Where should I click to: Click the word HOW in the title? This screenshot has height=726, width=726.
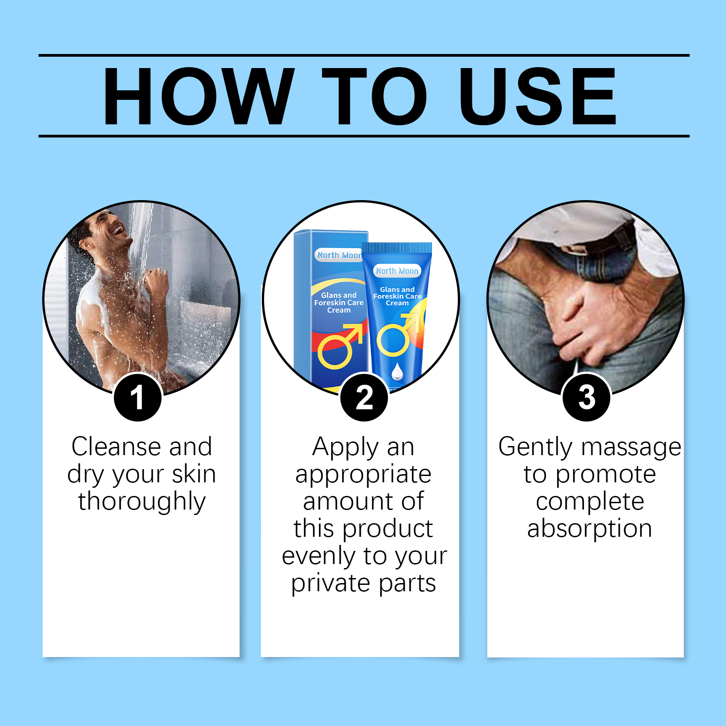[199, 96]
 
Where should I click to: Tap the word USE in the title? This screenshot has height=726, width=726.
[538, 96]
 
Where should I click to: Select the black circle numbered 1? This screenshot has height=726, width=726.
[137, 397]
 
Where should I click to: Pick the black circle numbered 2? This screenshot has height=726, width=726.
[364, 397]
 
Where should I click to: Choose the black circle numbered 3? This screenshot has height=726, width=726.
[586, 397]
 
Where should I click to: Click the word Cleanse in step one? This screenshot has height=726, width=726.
[116, 446]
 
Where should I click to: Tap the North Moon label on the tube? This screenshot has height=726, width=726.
[397, 271]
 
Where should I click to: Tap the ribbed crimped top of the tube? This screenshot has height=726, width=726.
[397, 248]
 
